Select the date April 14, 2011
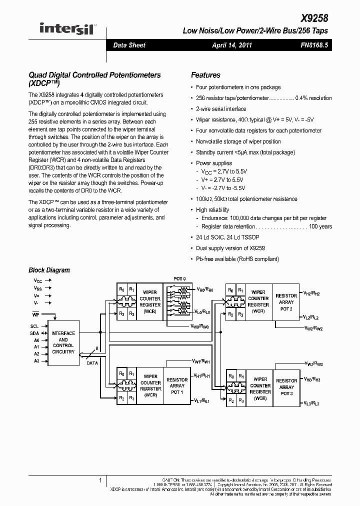click(232, 45)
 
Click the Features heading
click(205, 75)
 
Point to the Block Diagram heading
click(49, 270)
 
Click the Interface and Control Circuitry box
click(63, 342)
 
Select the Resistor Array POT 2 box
click(286, 302)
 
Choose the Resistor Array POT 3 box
click(286, 387)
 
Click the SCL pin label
click(34, 325)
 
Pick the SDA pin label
click(34, 333)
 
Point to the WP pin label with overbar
click(35, 314)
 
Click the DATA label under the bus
click(92, 363)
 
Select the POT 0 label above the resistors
click(179, 278)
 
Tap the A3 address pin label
click(36, 360)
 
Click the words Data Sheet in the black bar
click(129, 45)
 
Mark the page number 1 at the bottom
click(100, 480)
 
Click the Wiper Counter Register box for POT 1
click(150, 385)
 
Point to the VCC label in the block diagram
click(38, 281)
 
